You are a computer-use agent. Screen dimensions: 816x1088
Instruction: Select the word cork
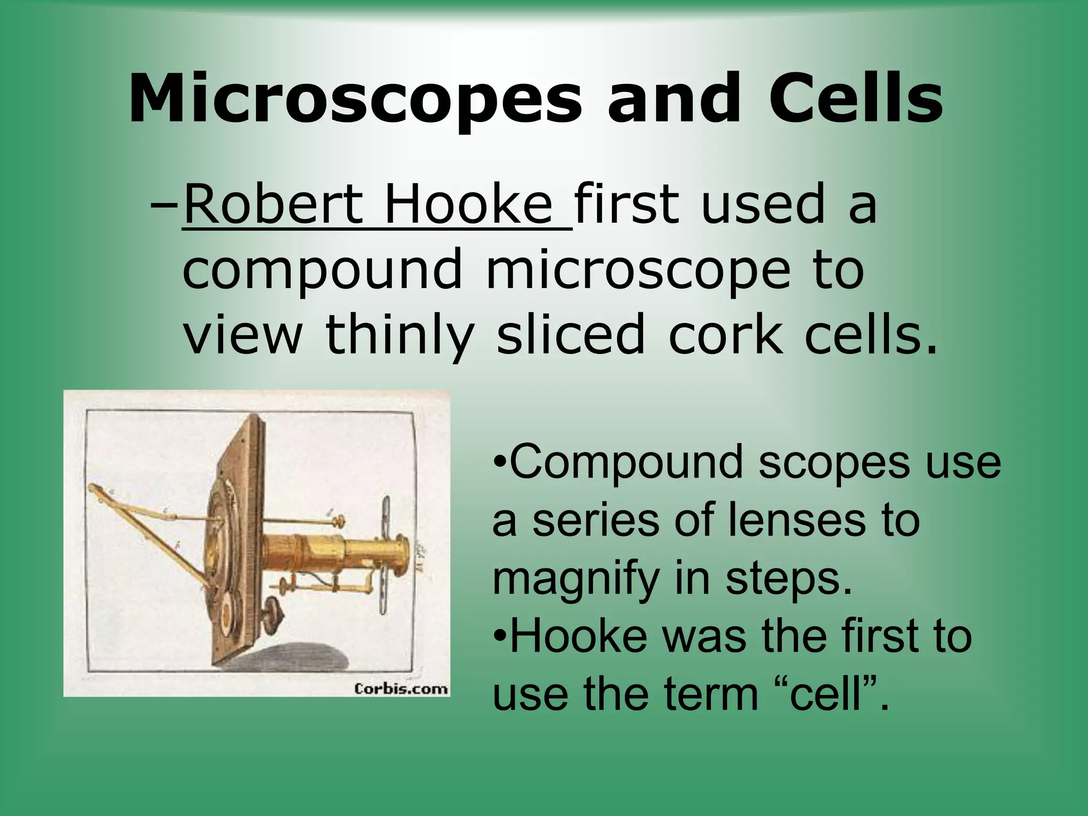725,335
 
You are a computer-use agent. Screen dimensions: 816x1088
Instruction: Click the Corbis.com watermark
401,689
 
